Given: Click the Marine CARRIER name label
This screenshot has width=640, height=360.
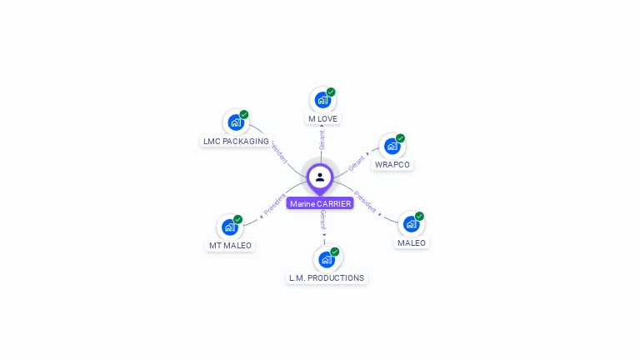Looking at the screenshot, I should [x=320, y=203].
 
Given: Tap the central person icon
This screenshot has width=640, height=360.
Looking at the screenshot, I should [x=320, y=177].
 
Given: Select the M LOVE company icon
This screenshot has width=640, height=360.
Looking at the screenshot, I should [x=322, y=100].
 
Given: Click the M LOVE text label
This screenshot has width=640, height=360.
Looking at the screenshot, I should [x=322, y=119].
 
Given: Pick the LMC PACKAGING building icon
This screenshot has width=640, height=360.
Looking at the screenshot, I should [x=236, y=122].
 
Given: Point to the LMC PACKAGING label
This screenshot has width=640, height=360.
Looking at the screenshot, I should [x=236, y=142].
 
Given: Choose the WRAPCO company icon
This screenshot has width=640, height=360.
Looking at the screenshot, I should [x=392, y=146].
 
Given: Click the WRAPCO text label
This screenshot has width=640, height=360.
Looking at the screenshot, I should [x=392, y=165].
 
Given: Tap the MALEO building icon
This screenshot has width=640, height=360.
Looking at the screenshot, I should [x=411, y=223].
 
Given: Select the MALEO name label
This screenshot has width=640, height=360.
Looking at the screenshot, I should [x=411, y=243].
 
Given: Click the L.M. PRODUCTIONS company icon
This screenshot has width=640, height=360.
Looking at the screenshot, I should [x=327, y=258].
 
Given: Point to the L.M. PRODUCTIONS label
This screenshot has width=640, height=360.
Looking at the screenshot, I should [x=327, y=277].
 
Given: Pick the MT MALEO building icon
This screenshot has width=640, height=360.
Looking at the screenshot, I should [x=230, y=227].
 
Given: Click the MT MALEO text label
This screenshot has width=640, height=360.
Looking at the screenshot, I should [x=230, y=246].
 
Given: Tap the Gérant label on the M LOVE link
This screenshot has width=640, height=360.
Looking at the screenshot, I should [x=322, y=139].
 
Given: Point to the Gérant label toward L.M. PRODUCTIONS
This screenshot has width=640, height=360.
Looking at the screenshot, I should [x=323, y=220].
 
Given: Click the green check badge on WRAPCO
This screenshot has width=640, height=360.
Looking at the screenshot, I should [x=400, y=138].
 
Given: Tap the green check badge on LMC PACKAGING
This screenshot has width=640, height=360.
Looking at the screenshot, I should [x=244, y=115].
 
